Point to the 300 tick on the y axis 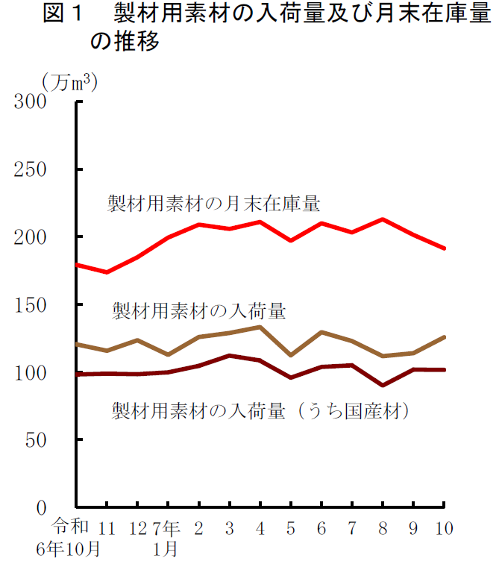click(31, 102)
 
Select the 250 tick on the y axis click(31, 169)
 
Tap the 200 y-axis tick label click(31, 237)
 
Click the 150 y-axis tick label click(31, 305)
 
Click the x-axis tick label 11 click(107, 529)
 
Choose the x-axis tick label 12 click(138, 529)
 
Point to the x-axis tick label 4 click(260, 529)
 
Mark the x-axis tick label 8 click(383, 529)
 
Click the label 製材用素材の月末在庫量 click(213, 203)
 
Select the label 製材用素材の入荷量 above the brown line click(199, 310)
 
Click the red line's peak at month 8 click(383, 219)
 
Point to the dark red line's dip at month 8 click(383, 385)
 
